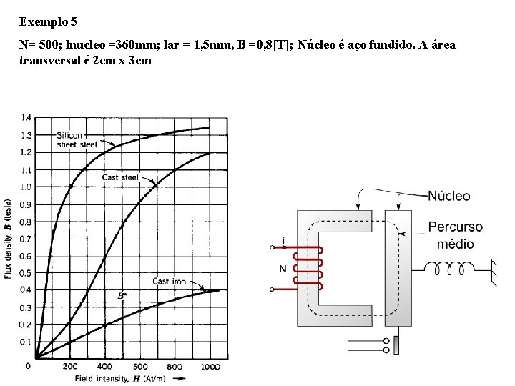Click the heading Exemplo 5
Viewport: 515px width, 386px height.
click(49, 21)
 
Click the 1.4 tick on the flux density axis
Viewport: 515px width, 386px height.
click(26, 117)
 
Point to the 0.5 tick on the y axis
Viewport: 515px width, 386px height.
click(26, 273)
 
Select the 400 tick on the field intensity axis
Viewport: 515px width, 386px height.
click(104, 366)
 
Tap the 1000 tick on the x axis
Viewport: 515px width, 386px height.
click(210, 366)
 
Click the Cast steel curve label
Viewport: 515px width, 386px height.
click(120, 177)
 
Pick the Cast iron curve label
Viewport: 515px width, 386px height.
click(169, 282)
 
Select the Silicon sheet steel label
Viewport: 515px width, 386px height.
click(77, 140)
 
